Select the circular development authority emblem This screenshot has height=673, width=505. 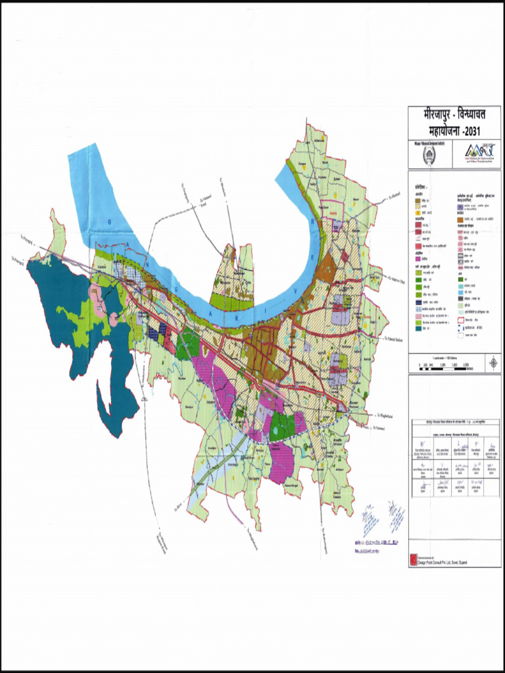[428, 155]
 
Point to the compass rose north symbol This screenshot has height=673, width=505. [493, 362]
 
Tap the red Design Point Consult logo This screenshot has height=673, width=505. [413, 559]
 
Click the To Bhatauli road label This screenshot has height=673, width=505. [394, 195]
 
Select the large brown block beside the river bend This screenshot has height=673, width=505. [326, 262]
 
